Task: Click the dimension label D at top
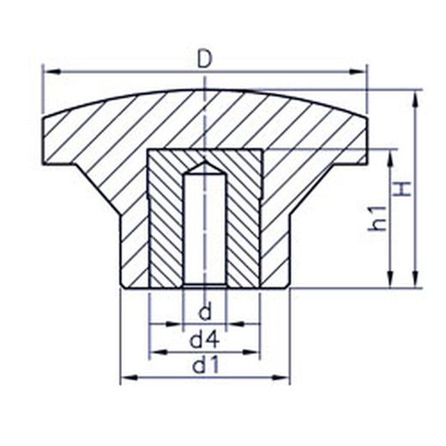205,60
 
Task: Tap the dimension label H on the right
402,189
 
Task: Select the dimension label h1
377,219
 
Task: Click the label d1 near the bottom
206,365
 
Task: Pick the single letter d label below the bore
205,312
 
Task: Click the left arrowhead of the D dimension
53,72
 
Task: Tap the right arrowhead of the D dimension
358,72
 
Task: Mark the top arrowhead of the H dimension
415,99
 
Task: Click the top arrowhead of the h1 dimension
390,158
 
